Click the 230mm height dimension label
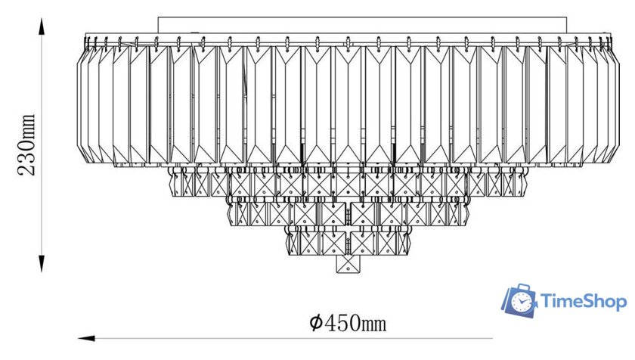27,144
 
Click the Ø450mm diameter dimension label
348,324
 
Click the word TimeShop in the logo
584,303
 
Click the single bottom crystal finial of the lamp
347,265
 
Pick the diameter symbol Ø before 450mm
317,324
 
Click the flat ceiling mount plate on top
363,24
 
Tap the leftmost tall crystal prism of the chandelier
84,102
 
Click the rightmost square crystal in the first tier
517,183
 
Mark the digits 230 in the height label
27,159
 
